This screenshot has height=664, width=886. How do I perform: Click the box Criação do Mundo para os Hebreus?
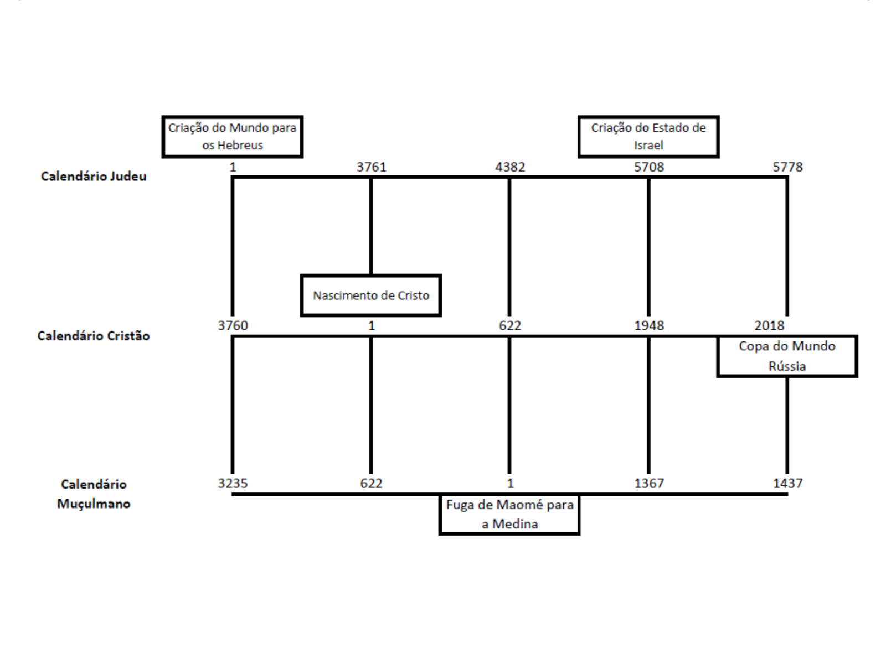coord(232,137)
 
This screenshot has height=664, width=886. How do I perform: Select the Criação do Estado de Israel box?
coord(648,137)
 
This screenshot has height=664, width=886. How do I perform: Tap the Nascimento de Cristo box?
coord(370,295)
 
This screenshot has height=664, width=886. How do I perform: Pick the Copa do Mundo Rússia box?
coord(786,356)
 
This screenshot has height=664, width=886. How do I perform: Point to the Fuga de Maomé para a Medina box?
coord(509,515)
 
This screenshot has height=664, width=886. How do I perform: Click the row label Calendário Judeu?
coord(94,177)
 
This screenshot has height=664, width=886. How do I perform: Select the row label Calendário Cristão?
coord(94,336)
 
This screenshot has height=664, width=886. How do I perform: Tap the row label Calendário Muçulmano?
coord(94,494)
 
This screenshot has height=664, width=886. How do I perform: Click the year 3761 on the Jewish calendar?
coord(371,167)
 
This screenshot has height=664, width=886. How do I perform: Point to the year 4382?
coord(510,167)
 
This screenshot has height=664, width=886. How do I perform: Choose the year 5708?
coord(648,167)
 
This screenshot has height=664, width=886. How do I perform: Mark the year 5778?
coord(787,167)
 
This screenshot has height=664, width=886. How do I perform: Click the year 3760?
coord(233,325)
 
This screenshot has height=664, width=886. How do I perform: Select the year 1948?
coord(648,325)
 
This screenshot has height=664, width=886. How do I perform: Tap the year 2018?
coord(769,325)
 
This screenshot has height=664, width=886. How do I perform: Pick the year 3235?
coord(233,483)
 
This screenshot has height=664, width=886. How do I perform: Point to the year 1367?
coord(648,483)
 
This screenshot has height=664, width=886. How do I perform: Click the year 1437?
coord(787,483)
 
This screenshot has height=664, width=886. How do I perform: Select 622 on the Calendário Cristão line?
coord(510,325)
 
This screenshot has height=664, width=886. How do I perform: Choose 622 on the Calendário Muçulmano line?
coord(371,483)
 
